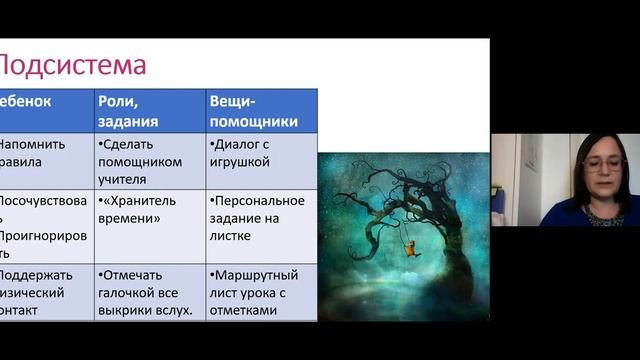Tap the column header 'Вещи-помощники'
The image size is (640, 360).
(x=253, y=111)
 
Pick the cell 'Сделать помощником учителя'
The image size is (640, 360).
(x=150, y=161)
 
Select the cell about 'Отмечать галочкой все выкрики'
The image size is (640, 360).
(x=150, y=293)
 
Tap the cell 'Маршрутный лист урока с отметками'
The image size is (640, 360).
(x=261, y=293)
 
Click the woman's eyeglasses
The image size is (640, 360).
(x=603, y=163)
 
